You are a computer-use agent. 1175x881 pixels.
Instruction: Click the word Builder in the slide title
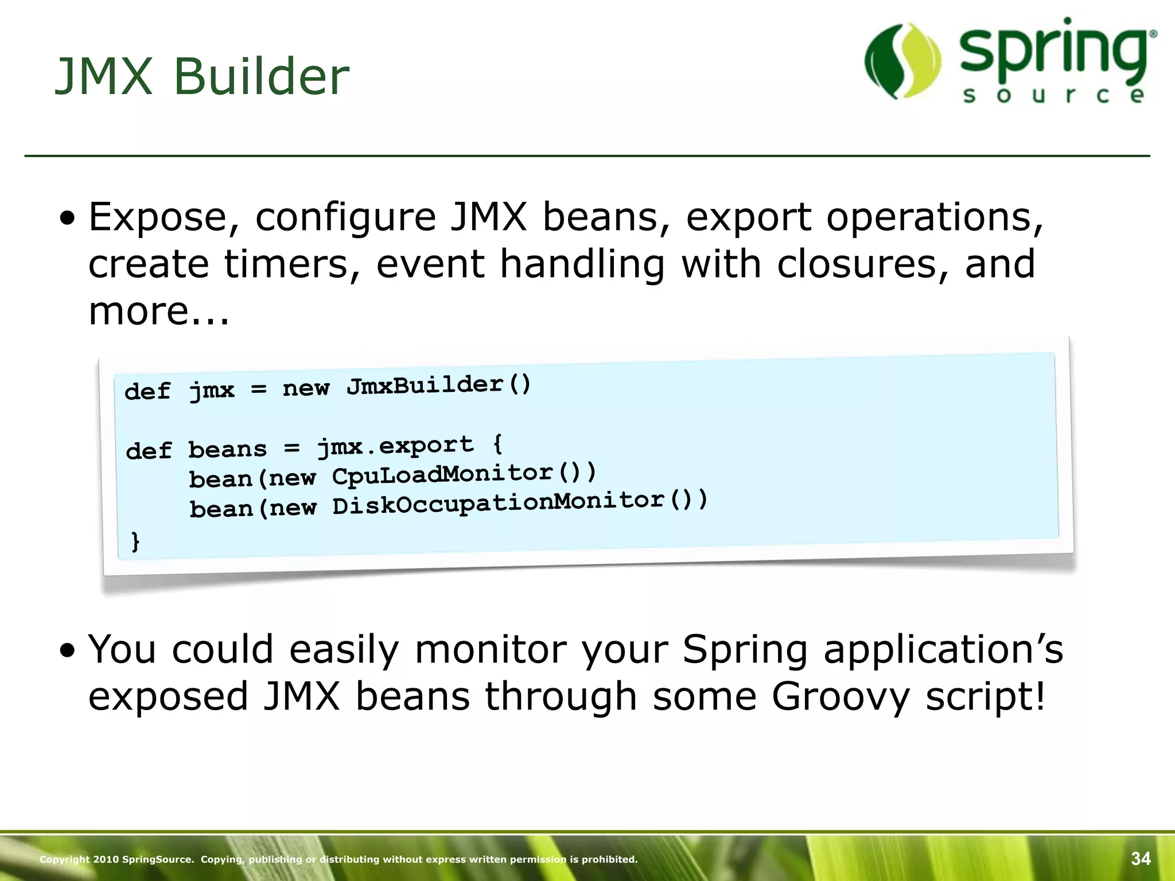[x=261, y=77]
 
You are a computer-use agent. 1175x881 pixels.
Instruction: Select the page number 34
[x=1141, y=859]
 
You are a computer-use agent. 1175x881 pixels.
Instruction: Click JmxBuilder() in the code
[x=439, y=385]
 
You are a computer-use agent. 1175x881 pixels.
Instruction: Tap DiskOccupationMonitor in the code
[x=499, y=504]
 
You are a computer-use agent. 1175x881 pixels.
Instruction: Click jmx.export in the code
[x=396, y=446]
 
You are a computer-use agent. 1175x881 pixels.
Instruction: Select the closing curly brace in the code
[x=135, y=541]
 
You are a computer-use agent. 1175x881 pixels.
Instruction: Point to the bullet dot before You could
[x=68, y=651]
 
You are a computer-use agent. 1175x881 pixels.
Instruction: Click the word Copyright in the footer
[x=64, y=859]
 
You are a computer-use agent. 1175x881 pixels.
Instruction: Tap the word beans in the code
[x=228, y=449]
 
